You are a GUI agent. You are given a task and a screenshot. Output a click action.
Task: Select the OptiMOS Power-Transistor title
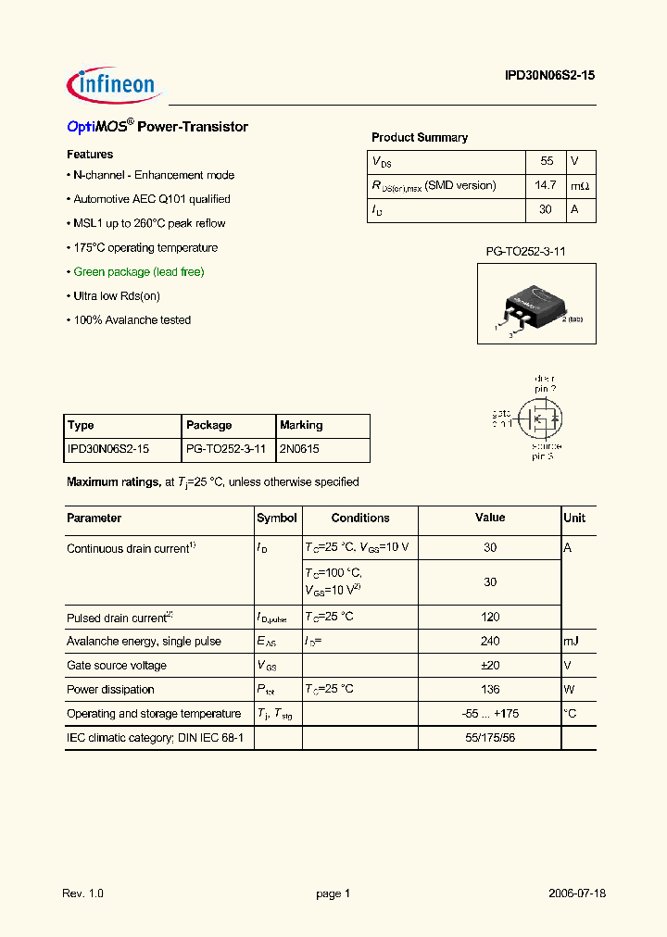click(157, 127)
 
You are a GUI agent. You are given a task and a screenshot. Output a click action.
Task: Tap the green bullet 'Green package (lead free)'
click(138, 272)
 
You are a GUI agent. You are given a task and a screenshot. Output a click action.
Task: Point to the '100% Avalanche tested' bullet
click(132, 320)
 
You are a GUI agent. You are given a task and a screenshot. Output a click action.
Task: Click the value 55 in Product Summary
click(546, 161)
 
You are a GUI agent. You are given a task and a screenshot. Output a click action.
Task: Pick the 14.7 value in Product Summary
click(546, 185)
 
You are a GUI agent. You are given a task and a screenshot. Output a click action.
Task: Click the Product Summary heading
click(419, 137)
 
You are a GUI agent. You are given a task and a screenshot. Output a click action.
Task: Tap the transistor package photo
click(536, 304)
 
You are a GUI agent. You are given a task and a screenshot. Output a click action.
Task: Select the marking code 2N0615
click(298, 449)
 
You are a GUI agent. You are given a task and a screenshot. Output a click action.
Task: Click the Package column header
click(208, 425)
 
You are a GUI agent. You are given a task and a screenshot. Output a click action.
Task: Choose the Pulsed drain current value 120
click(490, 617)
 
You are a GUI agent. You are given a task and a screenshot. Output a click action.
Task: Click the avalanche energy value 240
click(490, 641)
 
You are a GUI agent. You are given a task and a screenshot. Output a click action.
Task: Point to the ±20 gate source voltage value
click(490, 665)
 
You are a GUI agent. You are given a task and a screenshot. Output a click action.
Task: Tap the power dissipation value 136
click(490, 689)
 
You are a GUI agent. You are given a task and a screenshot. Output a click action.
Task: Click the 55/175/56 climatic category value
click(490, 737)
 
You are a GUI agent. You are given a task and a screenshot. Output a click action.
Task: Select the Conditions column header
click(360, 518)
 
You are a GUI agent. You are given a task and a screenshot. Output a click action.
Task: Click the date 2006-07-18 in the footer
click(576, 893)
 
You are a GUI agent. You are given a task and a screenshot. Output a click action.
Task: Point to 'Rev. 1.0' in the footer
click(83, 893)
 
